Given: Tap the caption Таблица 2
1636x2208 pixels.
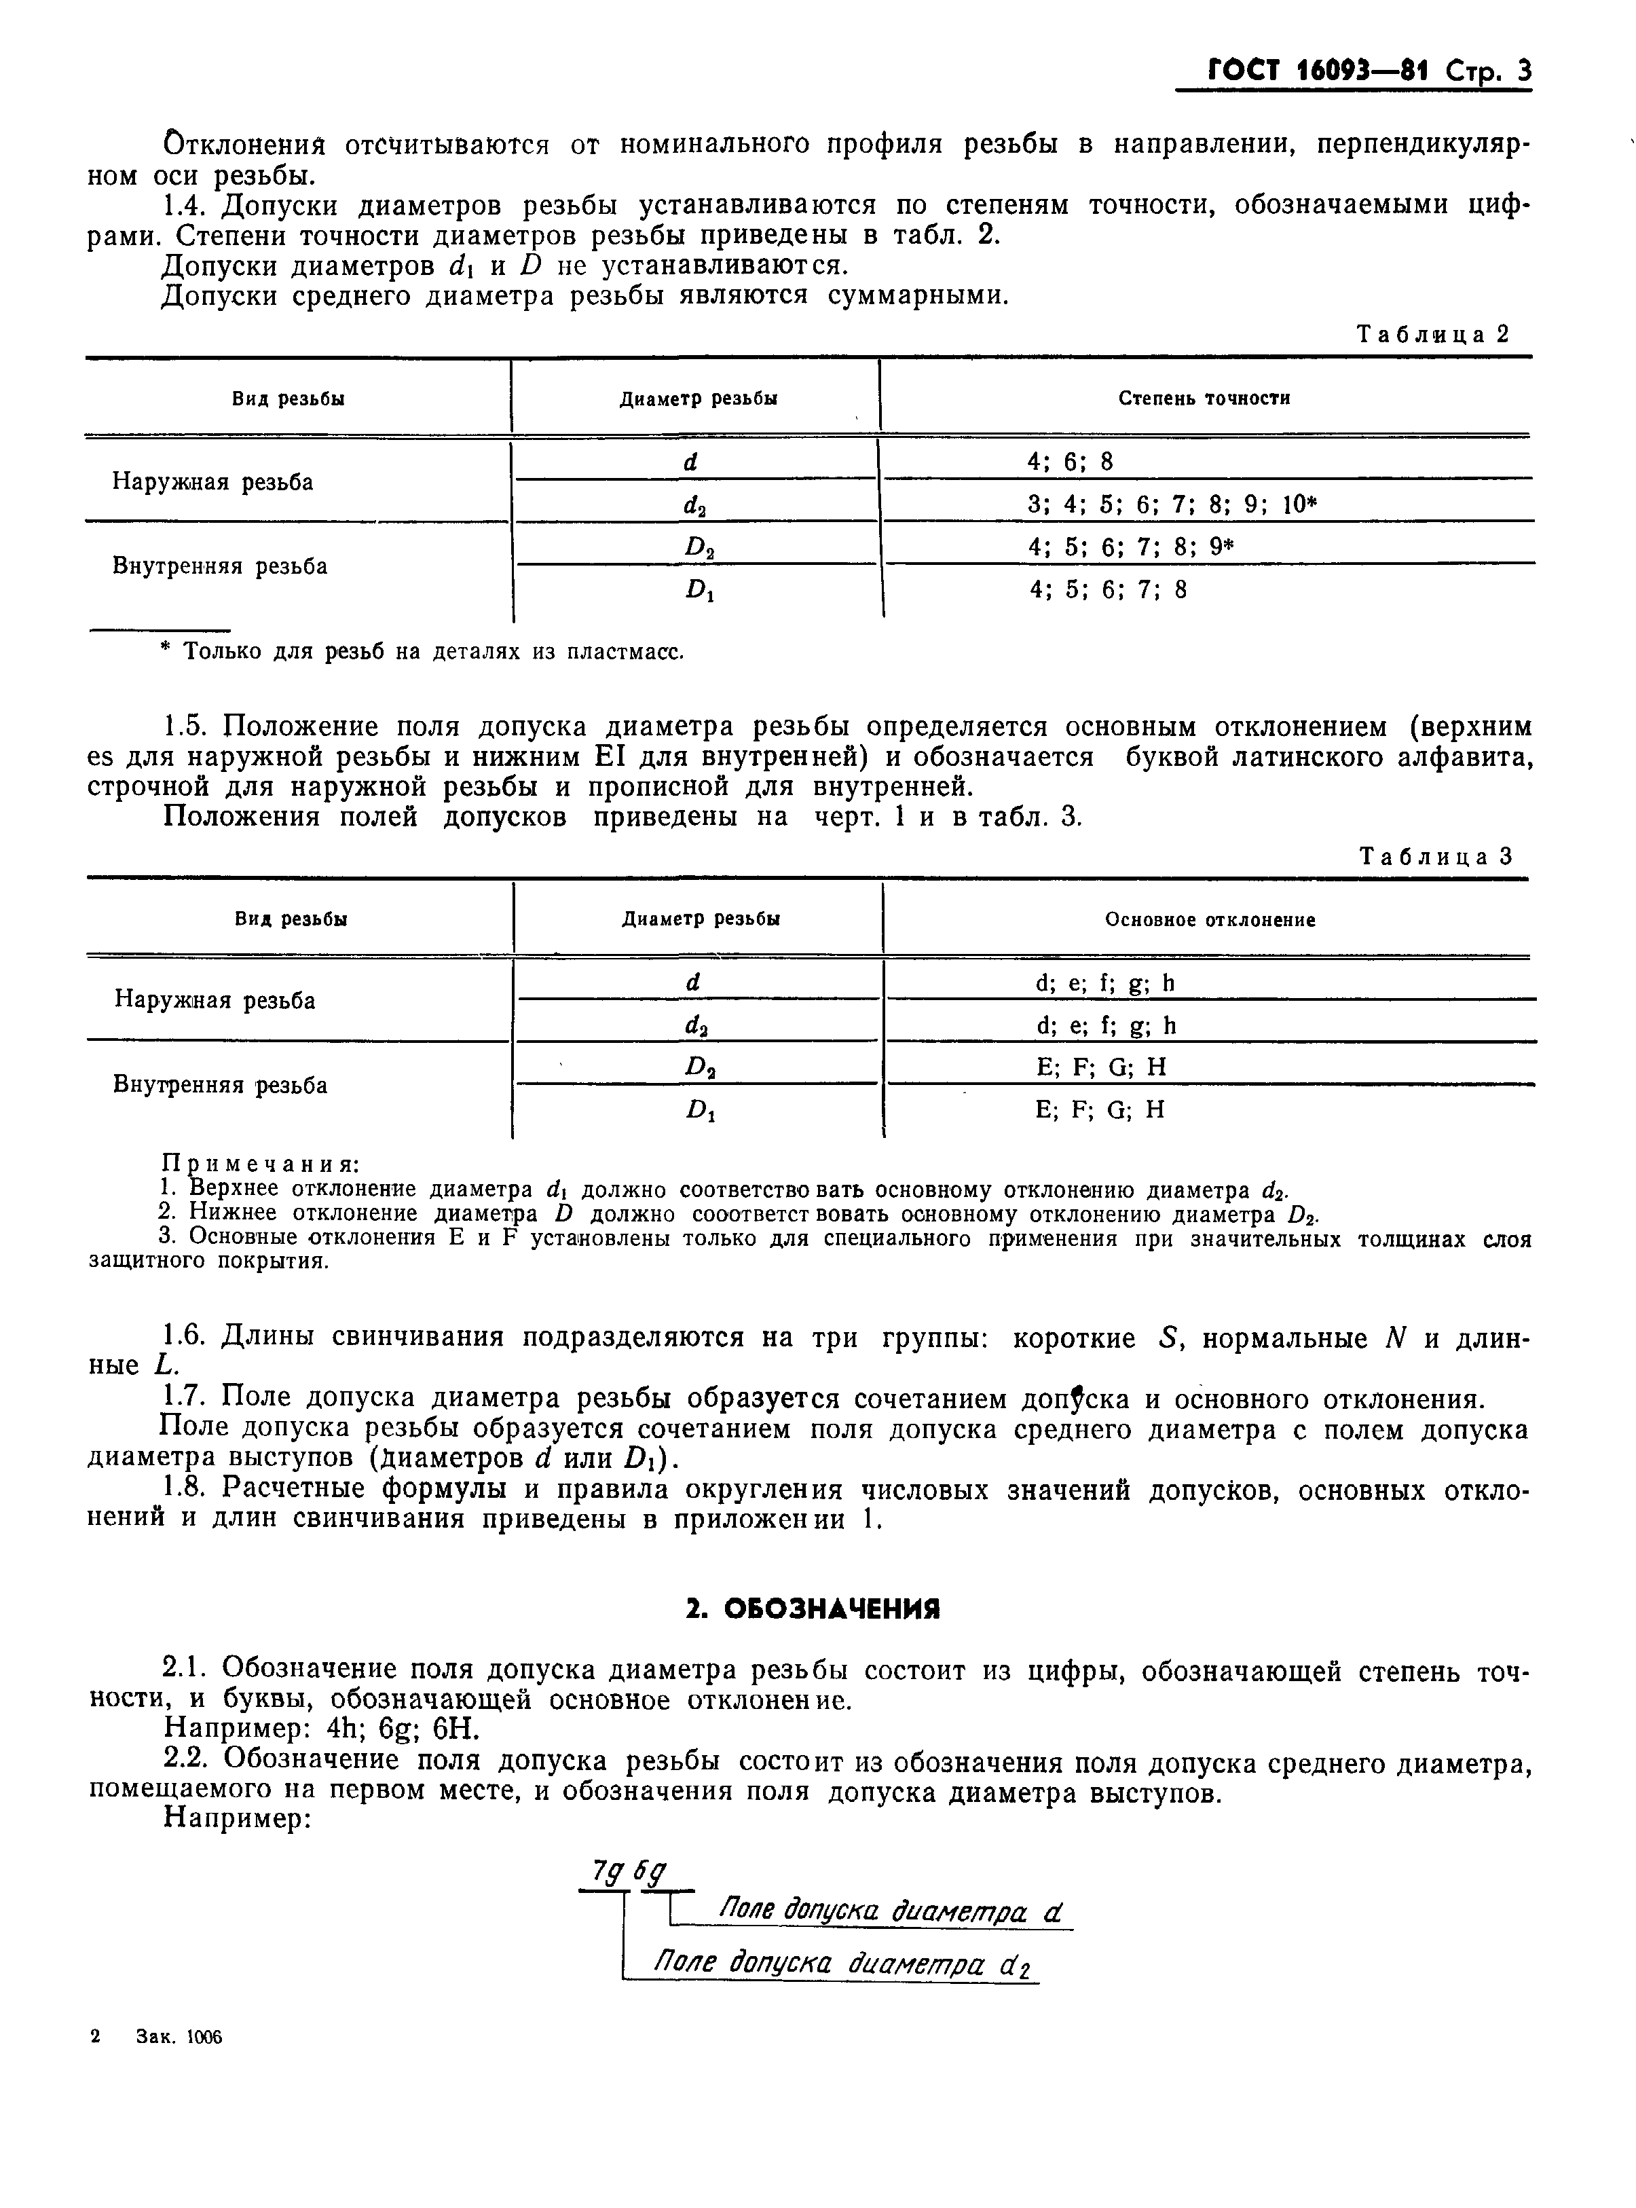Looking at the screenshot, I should [1432, 334].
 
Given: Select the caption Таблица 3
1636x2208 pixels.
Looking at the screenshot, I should [1436, 856].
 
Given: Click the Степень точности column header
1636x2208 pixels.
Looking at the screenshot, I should [1204, 398].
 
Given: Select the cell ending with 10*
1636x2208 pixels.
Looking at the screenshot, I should [1172, 505].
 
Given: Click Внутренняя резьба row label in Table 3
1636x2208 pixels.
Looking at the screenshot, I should [220, 1085].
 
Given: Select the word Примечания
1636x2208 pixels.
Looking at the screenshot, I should [259, 1164].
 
